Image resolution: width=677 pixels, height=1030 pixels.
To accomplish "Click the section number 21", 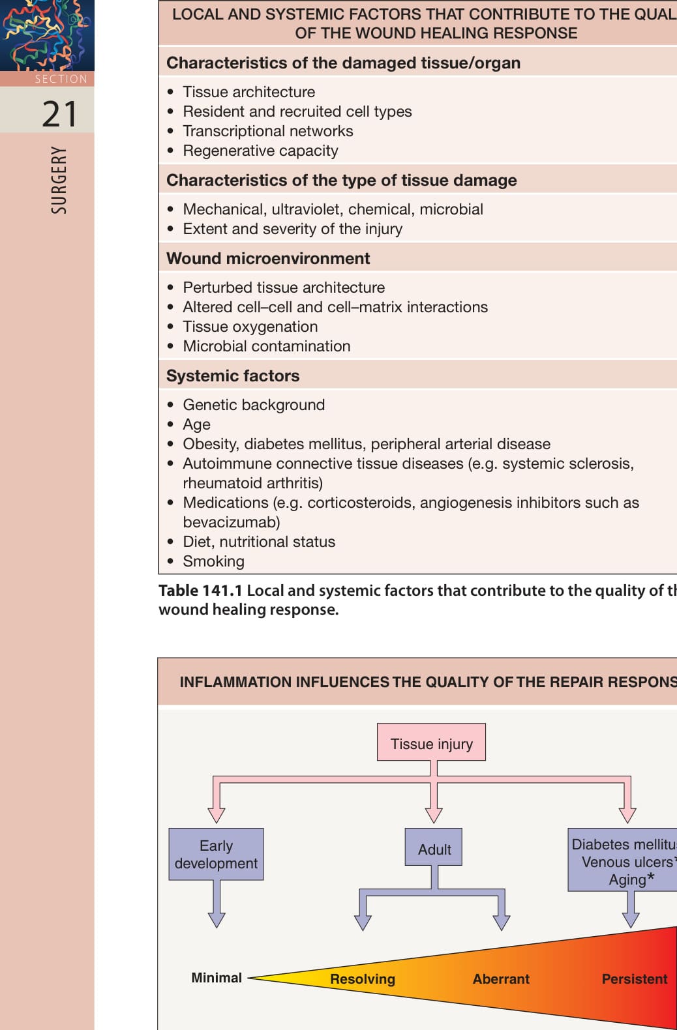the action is click(59, 114).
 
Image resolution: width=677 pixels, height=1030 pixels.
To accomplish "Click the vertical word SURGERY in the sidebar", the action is click(59, 180).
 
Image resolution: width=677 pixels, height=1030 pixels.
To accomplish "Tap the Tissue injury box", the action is click(431, 742).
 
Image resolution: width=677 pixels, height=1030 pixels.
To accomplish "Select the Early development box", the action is click(216, 855).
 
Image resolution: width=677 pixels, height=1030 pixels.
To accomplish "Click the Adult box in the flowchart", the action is click(434, 847).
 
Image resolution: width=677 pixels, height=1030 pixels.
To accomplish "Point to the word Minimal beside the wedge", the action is click(216, 978).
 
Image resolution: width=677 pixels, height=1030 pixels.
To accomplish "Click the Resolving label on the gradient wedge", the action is click(363, 979).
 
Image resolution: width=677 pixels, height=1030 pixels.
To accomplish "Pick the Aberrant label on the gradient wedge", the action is click(501, 979).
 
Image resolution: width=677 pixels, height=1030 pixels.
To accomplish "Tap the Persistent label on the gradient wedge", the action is click(635, 979).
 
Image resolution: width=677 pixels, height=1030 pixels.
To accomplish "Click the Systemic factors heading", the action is click(233, 375).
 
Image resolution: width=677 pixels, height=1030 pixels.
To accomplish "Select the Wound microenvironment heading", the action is click(268, 258).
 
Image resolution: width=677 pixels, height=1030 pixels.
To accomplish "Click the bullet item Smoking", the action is click(213, 561).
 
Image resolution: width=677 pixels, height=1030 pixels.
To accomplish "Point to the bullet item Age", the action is click(196, 424).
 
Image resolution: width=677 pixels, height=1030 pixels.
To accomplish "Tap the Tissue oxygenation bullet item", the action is click(250, 327).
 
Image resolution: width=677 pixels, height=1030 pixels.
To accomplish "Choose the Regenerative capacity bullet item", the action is click(260, 151).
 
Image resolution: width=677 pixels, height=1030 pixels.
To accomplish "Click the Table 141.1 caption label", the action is click(200, 591).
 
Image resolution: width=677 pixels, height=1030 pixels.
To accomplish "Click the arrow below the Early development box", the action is click(216, 904).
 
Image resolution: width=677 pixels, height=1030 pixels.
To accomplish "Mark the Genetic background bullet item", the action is click(254, 405).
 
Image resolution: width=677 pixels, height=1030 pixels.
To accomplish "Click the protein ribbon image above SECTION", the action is click(47, 35).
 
